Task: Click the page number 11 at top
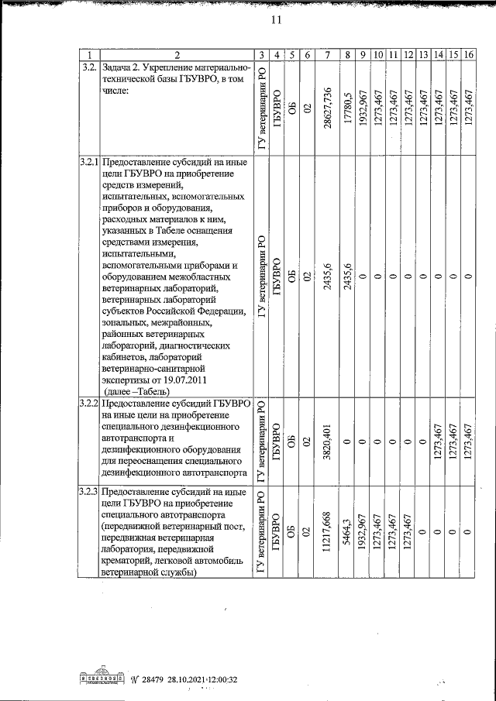click(275, 21)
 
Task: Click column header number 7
click(329, 54)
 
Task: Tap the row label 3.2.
click(89, 68)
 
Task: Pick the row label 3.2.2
click(89, 404)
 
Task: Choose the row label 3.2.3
click(89, 493)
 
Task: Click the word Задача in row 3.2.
click(118, 68)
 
